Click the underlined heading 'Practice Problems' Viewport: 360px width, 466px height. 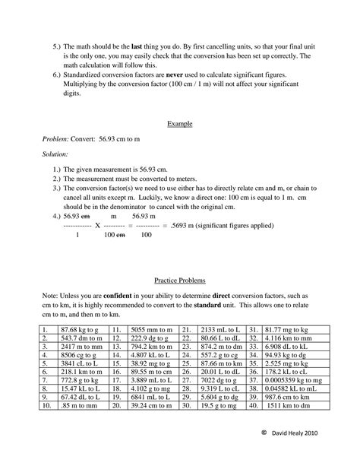click(x=179, y=280)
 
